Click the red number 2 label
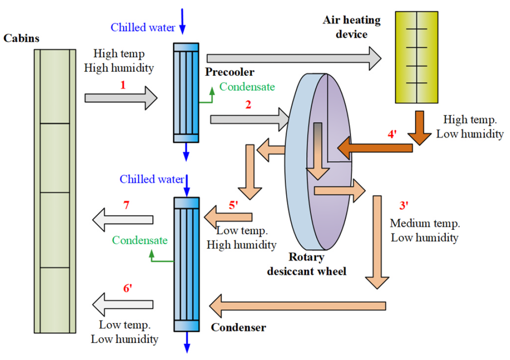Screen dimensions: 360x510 [x=248, y=105]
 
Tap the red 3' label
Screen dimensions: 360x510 [x=404, y=206]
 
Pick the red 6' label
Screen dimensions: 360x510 [x=127, y=289]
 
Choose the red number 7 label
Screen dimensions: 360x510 [x=126, y=205]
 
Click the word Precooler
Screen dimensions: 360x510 [x=230, y=72]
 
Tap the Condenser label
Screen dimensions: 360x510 [x=238, y=327]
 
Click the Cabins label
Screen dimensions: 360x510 [x=21, y=38]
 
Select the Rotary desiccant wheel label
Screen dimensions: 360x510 [x=307, y=264]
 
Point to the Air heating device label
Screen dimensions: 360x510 [x=352, y=27]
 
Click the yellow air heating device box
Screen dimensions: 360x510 [x=416, y=57]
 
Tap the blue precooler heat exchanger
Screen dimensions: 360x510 [x=185, y=92]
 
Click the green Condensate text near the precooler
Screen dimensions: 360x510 [x=247, y=86]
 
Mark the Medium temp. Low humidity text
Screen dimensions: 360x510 [x=424, y=230]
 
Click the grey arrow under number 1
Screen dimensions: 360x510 [x=121, y=98]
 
